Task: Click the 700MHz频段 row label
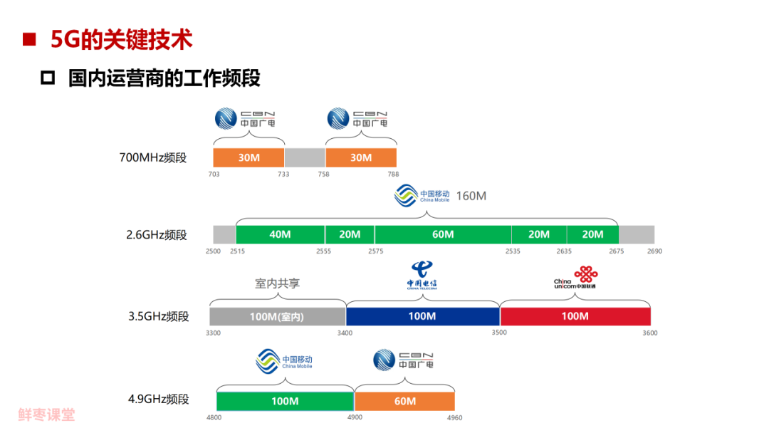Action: click(x=153, y=157)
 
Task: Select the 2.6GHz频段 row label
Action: click(x=157, y=234)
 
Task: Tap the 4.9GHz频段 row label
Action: click(x=159, y=399)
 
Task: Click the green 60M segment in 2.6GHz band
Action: click(x=443, y=234)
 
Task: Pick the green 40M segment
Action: click(x=280, y=234)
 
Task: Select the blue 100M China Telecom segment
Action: click(x=422, y=316)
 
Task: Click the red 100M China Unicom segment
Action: click(x=575, y=316)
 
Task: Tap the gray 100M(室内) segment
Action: click(x=277, y=316)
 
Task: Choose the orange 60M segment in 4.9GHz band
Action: click(x=404, y=401)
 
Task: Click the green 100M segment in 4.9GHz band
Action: click(x=285, y=401)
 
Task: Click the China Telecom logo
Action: click(x=422, y=275)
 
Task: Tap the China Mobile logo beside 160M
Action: click(x=423, y=196)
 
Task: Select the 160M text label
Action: click(x=471, y=196)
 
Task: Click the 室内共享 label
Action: click(x=277, y=283)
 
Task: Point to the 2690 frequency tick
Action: click(x=654, y=251)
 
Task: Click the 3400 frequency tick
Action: click(x=345, y=333)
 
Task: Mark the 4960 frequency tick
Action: click(x=454, y=417)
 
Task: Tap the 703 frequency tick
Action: click(x=214, y=174)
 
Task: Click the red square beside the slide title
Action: click(x=29, y=40)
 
